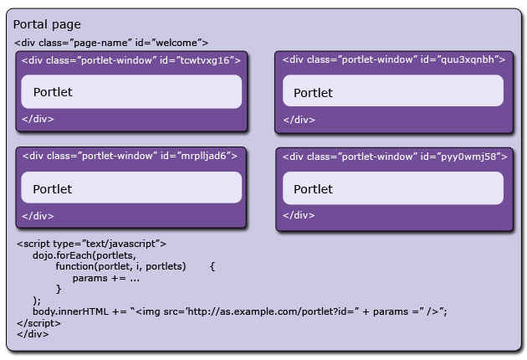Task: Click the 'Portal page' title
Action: pyautogui.click(x=47, y=25)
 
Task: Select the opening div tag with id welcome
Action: pyautogui.click(x=111, y=43)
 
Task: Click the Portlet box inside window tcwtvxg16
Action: pyautogui.click(x=131, y=91)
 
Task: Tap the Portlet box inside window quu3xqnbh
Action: pyautogui.click(x=393, y=92)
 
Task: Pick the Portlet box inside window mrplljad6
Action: pyautogui.click(x=131, y=188)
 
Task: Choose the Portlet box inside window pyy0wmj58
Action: pyautogui.click(x=393, y=189)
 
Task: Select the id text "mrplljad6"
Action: pyautogui.click(x=208, y=156)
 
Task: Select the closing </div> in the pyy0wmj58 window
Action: pyautogui.click(x=299, y=216)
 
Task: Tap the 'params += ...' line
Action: pyautogui.click(x=105, y=277)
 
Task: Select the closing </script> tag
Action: pyautogui.click(x=41, y=322)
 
